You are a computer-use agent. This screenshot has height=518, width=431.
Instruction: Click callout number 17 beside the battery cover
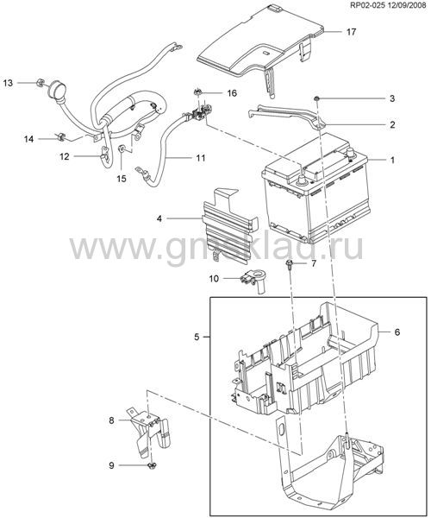tap(351, 32)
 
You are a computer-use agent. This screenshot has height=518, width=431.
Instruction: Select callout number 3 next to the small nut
tap(391, 98)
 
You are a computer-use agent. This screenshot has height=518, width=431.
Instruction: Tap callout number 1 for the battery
tap(392, 161)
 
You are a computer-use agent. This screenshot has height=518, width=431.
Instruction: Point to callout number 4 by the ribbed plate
tap(159, 218)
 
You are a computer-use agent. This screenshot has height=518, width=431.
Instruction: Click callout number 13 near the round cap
tap(8, 83)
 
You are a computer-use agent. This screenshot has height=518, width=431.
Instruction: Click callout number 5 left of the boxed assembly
tap(197, 338)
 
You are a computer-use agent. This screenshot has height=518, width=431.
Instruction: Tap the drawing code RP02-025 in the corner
tap(371, 5)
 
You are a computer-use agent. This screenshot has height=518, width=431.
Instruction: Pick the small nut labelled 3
tap(316, 98)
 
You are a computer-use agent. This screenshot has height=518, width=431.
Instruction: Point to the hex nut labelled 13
tap(40, 83)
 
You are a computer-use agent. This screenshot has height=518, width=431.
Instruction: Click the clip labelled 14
tap(60, 136)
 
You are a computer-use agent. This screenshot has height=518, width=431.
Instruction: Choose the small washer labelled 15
tap(122, 149)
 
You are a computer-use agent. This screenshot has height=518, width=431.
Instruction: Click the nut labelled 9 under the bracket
tap(152, 465)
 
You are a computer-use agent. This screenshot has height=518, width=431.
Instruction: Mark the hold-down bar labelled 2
tap(286, 116)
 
